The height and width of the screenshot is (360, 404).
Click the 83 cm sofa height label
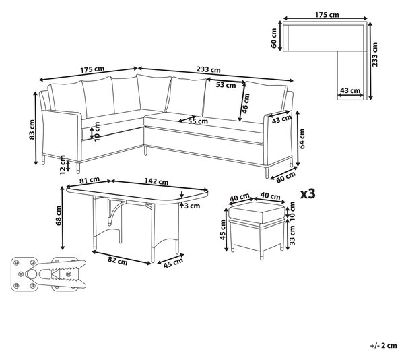click(32, 129)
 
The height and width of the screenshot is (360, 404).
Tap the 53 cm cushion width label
click(226, 85)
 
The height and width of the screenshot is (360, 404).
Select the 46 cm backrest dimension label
click(246, 103)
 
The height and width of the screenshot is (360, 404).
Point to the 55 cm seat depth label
click(198, 121)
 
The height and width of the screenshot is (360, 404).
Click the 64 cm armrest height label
click(302, 139)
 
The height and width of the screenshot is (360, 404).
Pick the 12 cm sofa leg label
click(63, 165)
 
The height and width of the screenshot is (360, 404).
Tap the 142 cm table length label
click(156, 181)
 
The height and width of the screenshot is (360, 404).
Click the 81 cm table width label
click(90, 180)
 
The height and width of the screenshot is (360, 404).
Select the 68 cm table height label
click(59, 216)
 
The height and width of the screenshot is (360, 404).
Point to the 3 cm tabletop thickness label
click(192, 206)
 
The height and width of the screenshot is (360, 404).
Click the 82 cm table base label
click(117, 260)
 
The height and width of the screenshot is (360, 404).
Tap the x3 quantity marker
click(308, 193)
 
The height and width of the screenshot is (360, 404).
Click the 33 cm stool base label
click(292, 235)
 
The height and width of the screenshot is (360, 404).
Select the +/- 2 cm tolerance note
click(384, 346)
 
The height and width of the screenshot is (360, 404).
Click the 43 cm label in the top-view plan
click(350, 90)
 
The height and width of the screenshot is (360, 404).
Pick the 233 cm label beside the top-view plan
click(374, 55)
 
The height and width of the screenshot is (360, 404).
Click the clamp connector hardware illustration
click(48, 274)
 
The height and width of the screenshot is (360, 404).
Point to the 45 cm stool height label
click(223, 231)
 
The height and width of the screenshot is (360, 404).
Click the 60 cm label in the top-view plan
click(273, 38)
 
